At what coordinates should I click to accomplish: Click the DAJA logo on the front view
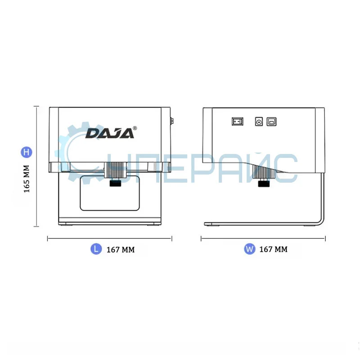pyautogui.click(x=109, y=134)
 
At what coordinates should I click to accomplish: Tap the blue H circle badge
pyautogui.click(x=27, y=152)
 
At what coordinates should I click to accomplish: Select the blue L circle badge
pyautogui.click(x=96, y=249)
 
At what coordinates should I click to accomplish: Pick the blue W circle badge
pyautogui.click(x=250, y=249)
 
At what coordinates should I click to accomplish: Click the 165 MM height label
pyautogui.click(x=27, y=179)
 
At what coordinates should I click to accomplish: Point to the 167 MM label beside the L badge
pyautogui.click(x=121, y=250)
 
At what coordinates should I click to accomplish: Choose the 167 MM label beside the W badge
pyautogui.click(x=274, y=249)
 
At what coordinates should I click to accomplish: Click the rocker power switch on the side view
pyautogui.click(x=238, y=121)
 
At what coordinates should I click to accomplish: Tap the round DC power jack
pyautogui.click(x=259, y=121)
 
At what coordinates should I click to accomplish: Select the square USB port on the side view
pyautogui.click(x=271, y=121)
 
